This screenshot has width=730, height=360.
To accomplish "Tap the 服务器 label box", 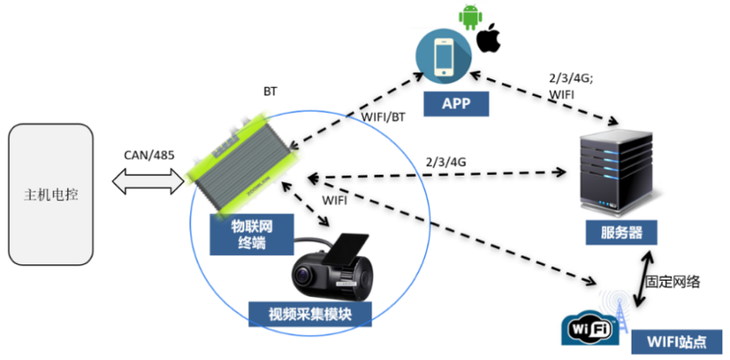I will click(x=619, y=233).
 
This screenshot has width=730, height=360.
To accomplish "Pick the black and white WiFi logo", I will click(x=591, y=328).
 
